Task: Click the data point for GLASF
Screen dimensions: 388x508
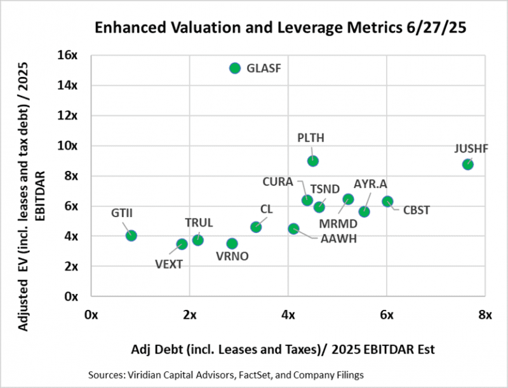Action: (x=235, y=68)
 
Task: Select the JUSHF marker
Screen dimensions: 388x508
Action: (x=468, y=164)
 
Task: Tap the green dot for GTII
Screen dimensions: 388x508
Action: (x=131, y=236)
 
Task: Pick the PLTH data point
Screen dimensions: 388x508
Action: (x=313, y=161)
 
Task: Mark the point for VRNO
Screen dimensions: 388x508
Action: (x=232, y=243)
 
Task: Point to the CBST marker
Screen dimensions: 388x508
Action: (x=387, y=201)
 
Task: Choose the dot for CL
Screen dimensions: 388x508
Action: (x=256, y=227)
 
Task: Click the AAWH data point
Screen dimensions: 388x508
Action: (x=293, y=229)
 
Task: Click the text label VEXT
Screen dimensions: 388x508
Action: (x=169, y=264)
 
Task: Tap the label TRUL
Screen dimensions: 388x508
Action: (x=199, y=223)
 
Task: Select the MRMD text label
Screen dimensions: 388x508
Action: (x=338, y=225)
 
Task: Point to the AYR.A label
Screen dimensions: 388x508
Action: (x=370, y=184)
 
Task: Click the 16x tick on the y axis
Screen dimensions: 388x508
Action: (x=68, y=55)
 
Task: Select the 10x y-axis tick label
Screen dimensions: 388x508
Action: (x=68, y=145)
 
